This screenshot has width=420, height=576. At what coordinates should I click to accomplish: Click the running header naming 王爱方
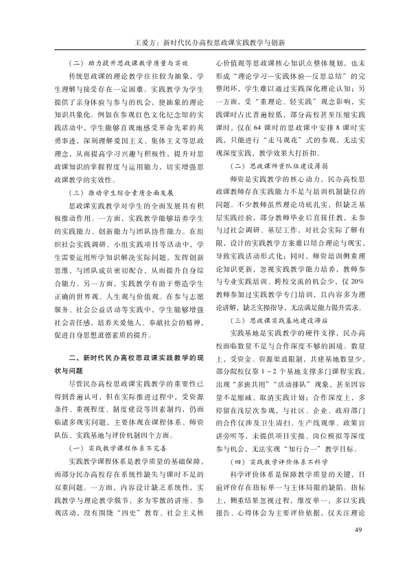pos(210,41)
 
